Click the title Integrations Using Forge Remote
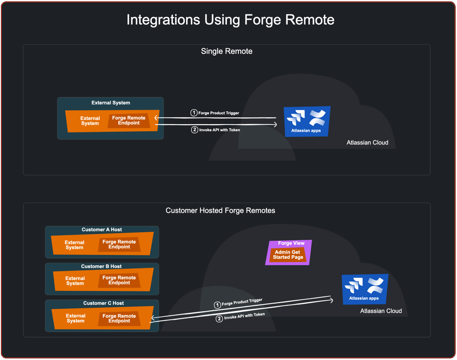click(x=230, y=20)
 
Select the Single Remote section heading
click(x=226, y=51)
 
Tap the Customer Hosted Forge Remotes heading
click(x=220, y=210)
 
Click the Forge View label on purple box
click(x=291, y=243)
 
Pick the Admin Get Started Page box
click(x=288, y=255)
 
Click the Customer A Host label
click(x=102, y=229)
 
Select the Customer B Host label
click(x=101, y=266)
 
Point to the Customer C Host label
click(x=103, y=303)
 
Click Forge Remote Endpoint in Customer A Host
click(x=119, y=244)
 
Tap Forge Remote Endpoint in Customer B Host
click(x=119, y=281)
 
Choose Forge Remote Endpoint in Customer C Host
click(x=119, y=318)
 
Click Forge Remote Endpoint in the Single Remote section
click(x=129, y=121)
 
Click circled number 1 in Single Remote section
click(x=194, y=112)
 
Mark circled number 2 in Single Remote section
click(x=194, y=130)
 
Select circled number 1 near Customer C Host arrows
click(x=217, y=305)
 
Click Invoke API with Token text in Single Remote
click(x=219, y=130)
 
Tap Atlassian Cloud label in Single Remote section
click(x=367, y=142)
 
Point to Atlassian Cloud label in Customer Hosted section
click(x=381, y=311)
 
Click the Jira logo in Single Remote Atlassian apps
click(x=296, y=117)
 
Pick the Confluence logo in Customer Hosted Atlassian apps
click(x=375, y=285)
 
